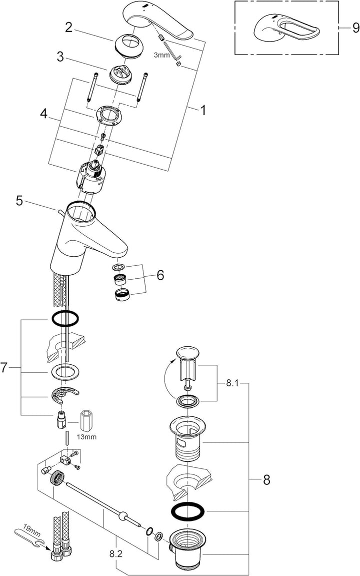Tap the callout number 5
(19, 201)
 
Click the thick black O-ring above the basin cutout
(65, 318)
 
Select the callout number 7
(4, 368)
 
